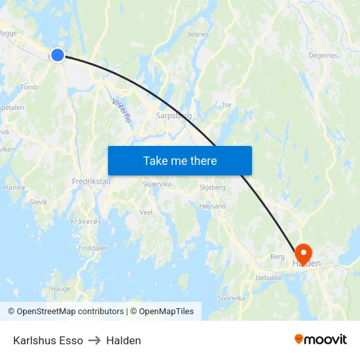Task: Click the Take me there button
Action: coord(179,160)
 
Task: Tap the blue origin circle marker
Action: coord(58,55)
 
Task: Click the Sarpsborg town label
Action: coord(173,116)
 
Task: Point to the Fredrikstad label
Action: coord(91,181)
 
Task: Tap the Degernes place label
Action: coord(323,56)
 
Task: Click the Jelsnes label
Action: coord(198,34)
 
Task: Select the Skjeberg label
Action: coord(211,187)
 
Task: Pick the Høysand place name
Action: coord(212,206)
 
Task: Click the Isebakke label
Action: coord(268,278)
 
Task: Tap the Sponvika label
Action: coord(231,298)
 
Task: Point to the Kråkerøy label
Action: coord(86,222)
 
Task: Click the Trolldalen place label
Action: coord(93,249)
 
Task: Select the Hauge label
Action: coord(61,289)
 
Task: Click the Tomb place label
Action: coord(29,87)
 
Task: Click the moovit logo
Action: coord(321,340)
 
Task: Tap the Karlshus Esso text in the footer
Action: coord(48,340)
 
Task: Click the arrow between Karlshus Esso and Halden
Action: coord(94,340)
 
